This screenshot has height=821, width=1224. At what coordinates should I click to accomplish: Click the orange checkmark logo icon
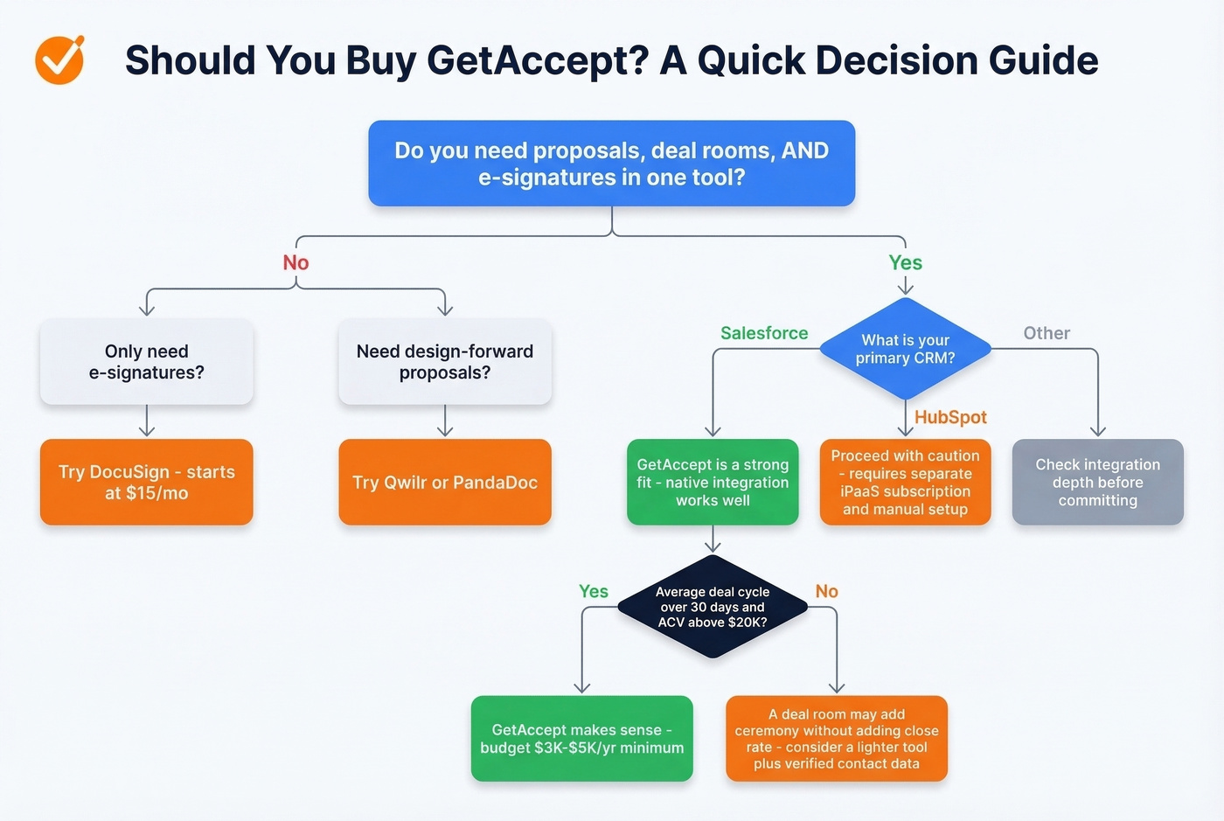[59, 60]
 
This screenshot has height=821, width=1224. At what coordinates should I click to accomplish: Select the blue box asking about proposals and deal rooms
[611, 164]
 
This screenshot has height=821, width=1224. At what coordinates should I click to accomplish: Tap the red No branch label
[296, 263]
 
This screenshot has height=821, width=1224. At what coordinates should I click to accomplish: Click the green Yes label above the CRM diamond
[905, 263]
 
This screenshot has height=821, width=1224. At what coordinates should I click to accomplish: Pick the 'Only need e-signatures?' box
[147, 362]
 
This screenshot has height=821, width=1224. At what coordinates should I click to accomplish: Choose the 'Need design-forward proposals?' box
[444, 362]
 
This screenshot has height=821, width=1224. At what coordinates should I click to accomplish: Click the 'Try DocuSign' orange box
[147, 482]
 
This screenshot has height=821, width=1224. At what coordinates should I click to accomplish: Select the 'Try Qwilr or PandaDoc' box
[444, 482]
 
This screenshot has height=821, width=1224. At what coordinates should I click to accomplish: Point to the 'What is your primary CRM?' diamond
[905, 349]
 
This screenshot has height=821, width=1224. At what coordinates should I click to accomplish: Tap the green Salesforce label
[763, 333]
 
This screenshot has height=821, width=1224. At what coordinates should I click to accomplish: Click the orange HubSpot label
[949, 417]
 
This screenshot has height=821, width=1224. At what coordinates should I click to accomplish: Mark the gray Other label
[1046, 333]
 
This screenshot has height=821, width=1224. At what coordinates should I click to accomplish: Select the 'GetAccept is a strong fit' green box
[713, 482]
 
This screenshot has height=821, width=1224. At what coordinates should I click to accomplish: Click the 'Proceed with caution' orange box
[905, 482]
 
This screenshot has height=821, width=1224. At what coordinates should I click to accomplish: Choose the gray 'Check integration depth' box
[1097, 482]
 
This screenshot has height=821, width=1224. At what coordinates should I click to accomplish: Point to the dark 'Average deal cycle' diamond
[713, 607]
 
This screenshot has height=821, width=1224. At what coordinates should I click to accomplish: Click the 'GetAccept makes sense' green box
[581, 739]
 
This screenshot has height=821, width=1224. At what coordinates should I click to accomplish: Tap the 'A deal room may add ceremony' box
[836, 739]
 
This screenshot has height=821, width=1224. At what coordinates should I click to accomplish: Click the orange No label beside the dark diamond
[826, 592]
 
